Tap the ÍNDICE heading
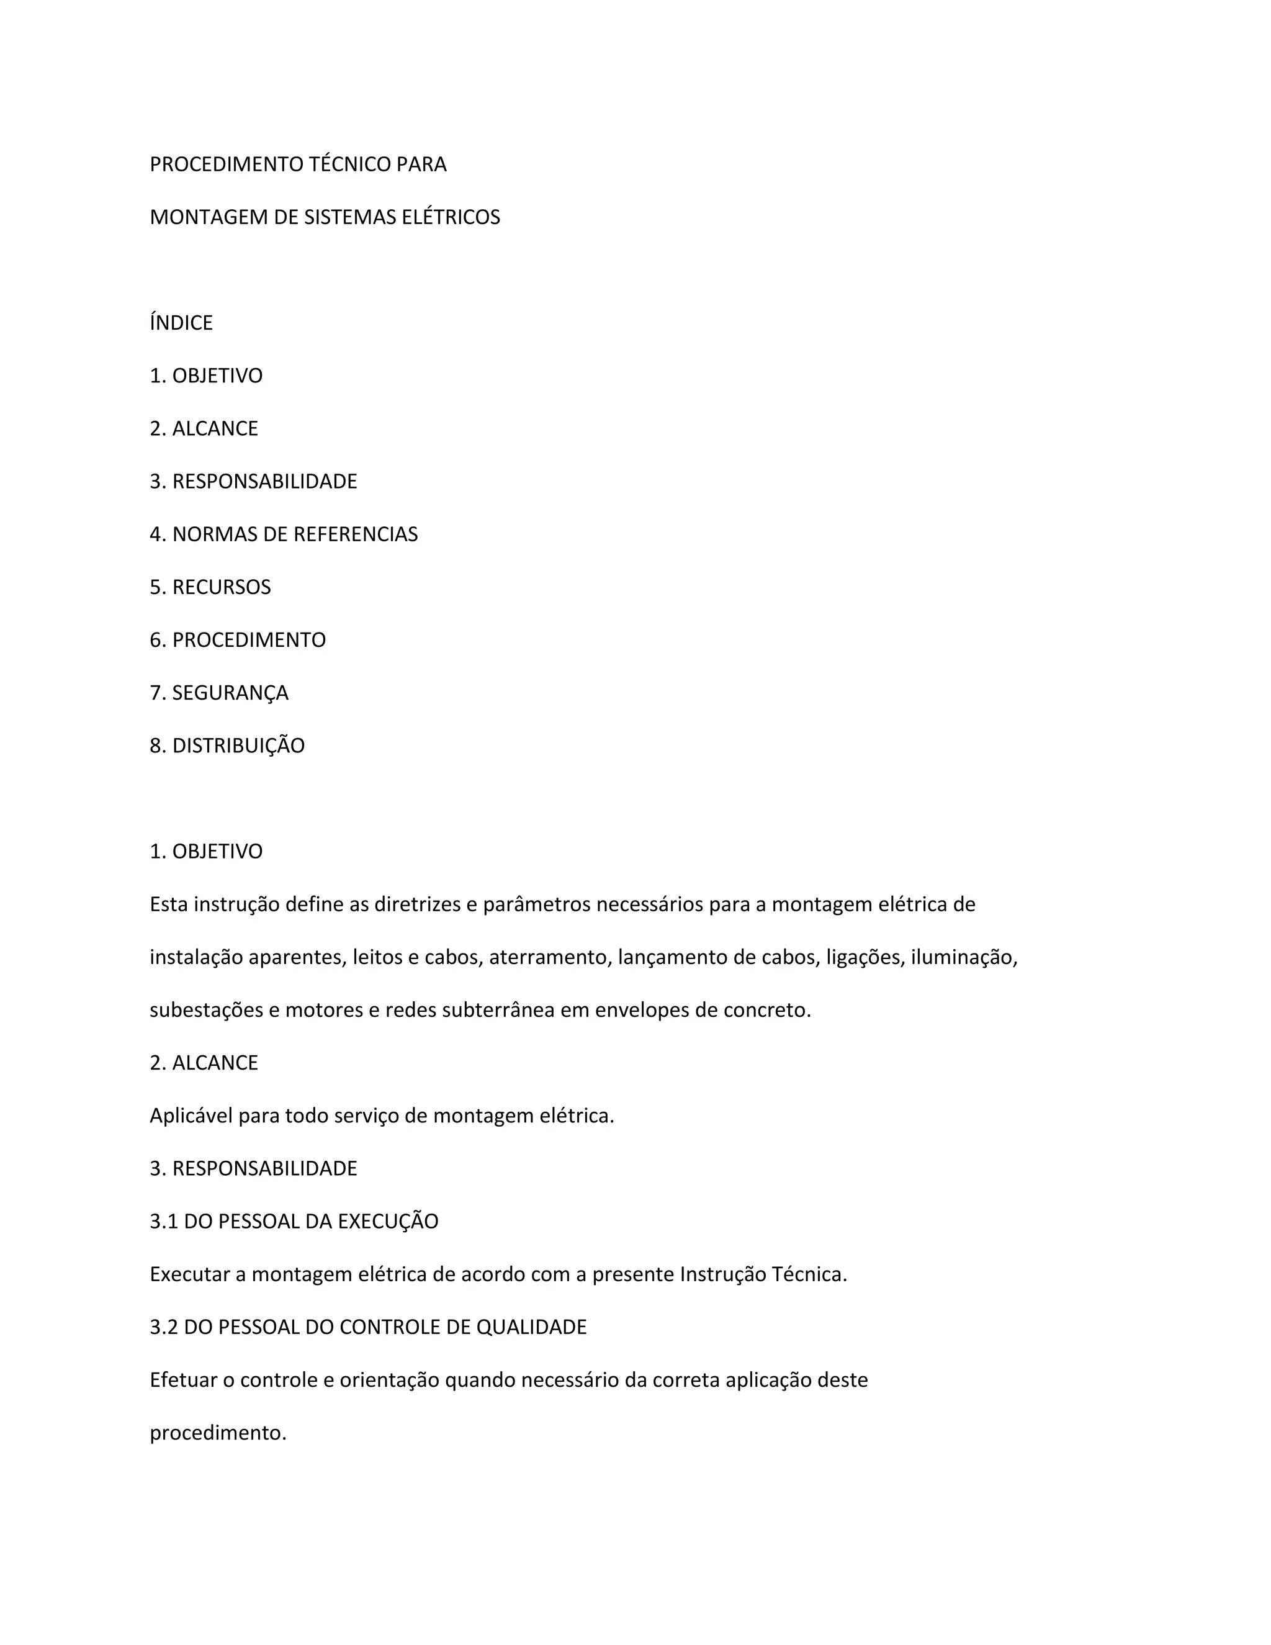click(x=181, y=322)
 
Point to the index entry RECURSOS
click(x=222, y=587)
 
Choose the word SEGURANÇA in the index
click(x=230, y=692)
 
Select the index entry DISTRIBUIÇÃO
click(x=238, y=745)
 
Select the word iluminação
click(x=964, y=957)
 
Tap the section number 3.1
click(x=163, y=1221)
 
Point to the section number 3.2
click(x=163, y=1327)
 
